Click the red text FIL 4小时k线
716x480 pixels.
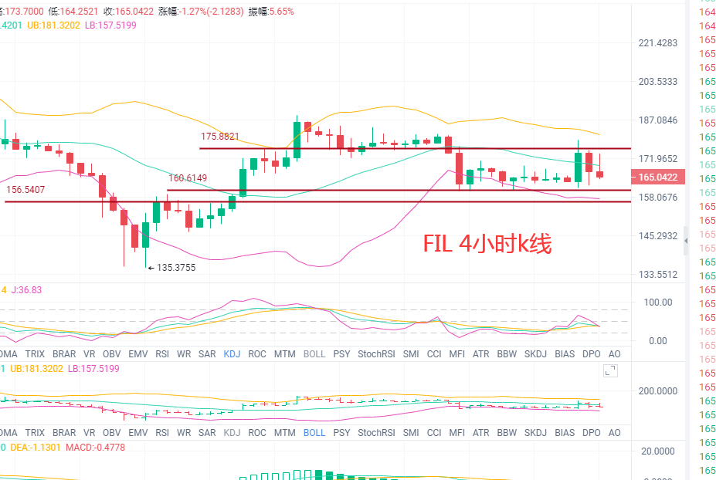[487, 244]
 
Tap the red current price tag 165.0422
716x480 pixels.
[657, 177]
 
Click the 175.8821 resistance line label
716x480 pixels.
[220, 136]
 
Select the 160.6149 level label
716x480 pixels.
[188, 178]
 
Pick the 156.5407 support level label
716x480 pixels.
[25, 189]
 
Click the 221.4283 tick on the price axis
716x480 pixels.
[658, 43]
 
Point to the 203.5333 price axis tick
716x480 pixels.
[658, 82]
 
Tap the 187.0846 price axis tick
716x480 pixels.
[658, 120]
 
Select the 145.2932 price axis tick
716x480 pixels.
[658, 236]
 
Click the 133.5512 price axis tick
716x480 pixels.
[658, 275]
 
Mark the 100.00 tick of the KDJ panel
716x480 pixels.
[658, 303]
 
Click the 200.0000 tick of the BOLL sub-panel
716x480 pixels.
[658, 391]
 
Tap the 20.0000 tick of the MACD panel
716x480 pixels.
[658, 451]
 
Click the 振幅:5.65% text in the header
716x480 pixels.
[270, 12]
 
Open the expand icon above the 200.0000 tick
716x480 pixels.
[611, 372]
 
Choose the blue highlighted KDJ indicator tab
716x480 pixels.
[232, 354]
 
